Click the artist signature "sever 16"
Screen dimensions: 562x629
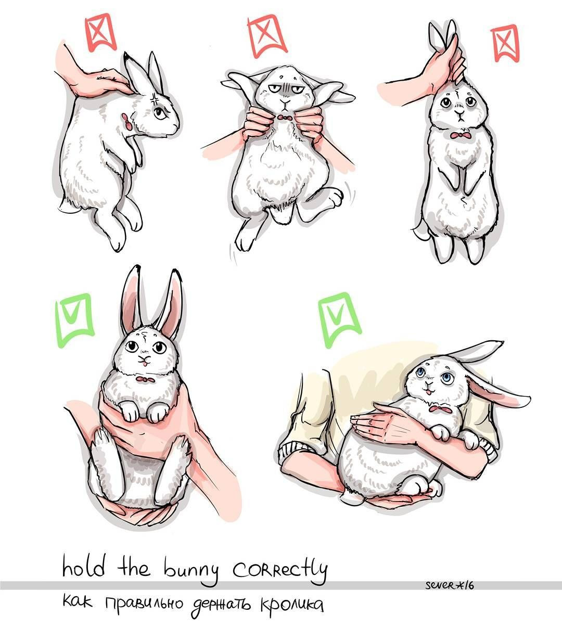pos(450,585)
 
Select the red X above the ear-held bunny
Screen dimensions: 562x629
pos(505,44)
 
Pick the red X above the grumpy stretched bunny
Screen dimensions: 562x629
pos(266,36)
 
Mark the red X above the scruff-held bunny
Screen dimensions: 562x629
pos(100,32)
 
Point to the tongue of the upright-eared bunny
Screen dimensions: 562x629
pos(144,364)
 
